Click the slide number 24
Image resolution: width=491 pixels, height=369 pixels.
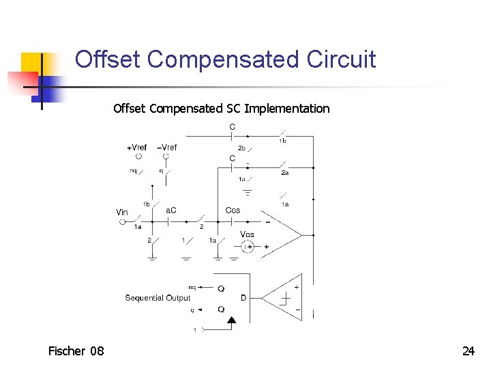468,351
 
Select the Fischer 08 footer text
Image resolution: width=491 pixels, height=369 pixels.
76,351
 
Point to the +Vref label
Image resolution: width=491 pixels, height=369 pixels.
136,148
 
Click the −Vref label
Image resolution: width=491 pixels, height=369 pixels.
166,148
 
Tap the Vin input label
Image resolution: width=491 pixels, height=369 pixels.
122,213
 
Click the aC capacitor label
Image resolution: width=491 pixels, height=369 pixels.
171,210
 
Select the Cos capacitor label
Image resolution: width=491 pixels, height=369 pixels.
233,210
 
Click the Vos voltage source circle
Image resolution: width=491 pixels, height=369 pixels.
248,247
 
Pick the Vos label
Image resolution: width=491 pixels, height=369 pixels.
247,234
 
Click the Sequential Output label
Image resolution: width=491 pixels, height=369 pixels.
158,298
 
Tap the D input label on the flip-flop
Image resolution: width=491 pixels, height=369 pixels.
243,298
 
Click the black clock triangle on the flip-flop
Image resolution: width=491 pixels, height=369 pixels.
231,319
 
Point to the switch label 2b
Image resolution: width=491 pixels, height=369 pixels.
241,148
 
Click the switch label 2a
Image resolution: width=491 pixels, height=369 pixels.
284,174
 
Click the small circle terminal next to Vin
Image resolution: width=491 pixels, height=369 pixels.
123,221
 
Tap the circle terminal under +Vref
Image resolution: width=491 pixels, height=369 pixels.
138,156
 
